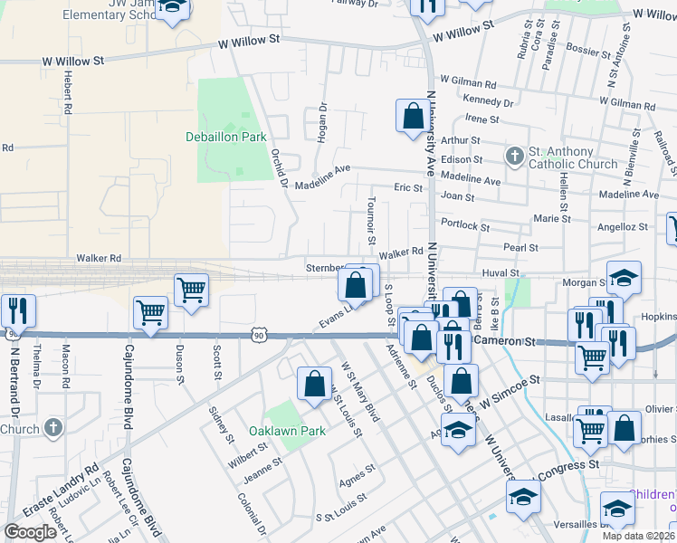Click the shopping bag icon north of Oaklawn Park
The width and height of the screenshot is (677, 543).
coord(314,383)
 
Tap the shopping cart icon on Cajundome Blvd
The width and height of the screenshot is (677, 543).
coord(150,313)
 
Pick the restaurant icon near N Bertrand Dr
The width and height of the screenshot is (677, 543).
coord(18,310)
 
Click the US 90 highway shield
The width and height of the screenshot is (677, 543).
coord(258,335)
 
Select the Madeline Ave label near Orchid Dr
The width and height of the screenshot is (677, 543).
coord(330,169)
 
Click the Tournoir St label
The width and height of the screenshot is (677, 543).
coord(371,221)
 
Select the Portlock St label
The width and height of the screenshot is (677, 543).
coord(464,224)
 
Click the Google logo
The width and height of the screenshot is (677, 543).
coord(30,532)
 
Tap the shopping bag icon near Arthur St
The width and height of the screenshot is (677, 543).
coord(413,117)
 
